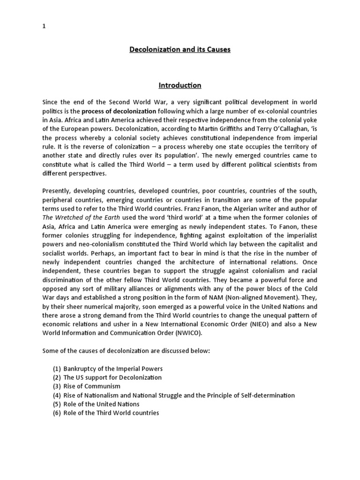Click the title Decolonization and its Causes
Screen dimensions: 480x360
[x=180, y=49]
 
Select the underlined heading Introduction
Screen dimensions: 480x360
[x=180, y=85]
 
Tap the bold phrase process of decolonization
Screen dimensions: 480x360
[x=119, y=111]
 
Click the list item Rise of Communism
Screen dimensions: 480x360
[x=92, y=386]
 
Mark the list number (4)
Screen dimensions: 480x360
[x=57, y=395]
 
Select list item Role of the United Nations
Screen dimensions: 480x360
[x=101, y=404]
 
